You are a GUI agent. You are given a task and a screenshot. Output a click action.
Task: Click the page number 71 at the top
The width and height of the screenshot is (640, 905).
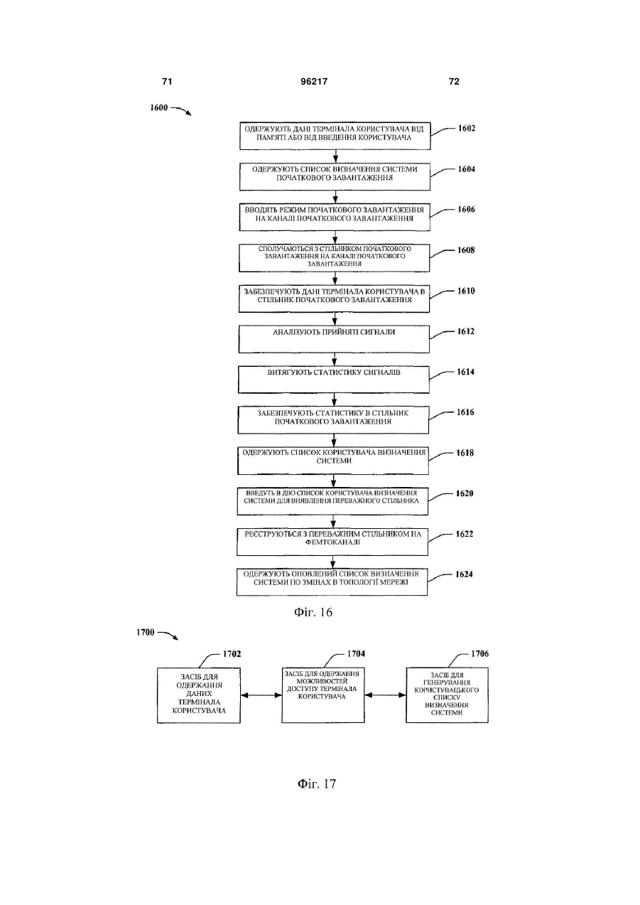(x=167, y=82)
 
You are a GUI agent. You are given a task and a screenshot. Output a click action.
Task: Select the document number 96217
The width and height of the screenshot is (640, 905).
(x=314, y=82)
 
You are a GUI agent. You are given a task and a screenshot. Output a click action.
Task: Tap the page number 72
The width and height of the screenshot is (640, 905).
(x=454, y=82)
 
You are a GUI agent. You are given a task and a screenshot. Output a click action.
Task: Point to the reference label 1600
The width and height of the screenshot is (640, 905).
(x=158, y=108)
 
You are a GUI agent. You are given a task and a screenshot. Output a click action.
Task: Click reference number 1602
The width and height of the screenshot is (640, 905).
(x=467, y=129)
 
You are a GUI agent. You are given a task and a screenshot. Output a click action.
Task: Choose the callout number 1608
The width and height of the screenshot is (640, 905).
(x=466, y=250)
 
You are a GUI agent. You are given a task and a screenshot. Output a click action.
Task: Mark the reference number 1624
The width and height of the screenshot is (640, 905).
(x=464, y=574)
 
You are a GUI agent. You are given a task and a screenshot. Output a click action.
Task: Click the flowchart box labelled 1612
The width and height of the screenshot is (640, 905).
(x=334, y=339)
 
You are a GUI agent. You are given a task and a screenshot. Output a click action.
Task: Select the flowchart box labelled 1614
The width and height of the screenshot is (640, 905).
(x=334, y=380)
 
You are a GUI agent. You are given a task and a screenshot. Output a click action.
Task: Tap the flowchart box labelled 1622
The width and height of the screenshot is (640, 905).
(x=332, y=542)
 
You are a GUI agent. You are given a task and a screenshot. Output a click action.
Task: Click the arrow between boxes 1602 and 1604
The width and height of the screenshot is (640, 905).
(x=335, y=156)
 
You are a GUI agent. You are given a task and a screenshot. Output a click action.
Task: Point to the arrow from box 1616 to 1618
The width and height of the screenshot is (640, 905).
(x=334, y=440)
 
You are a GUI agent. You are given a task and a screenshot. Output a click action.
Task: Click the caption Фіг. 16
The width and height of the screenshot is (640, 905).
(x=313, y=613)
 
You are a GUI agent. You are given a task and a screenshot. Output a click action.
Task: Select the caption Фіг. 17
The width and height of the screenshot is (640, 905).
(x=317, y=784)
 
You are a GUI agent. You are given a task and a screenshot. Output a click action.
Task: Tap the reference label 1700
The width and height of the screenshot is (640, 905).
(x=146, y=632)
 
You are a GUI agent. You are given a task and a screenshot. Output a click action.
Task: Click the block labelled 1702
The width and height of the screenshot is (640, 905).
(x=199, y=695)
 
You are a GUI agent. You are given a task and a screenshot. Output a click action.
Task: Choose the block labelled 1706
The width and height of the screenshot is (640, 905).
(x=447, y=695)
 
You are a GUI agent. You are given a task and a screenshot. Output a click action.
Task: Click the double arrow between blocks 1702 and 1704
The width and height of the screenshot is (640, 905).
(x=261, y=695)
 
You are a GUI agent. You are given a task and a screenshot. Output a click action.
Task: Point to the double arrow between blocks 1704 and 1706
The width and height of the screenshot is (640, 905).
(x=385, y=695)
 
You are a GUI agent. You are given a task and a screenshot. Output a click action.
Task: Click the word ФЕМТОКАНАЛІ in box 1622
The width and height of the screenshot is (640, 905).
(x=332, y=542)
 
